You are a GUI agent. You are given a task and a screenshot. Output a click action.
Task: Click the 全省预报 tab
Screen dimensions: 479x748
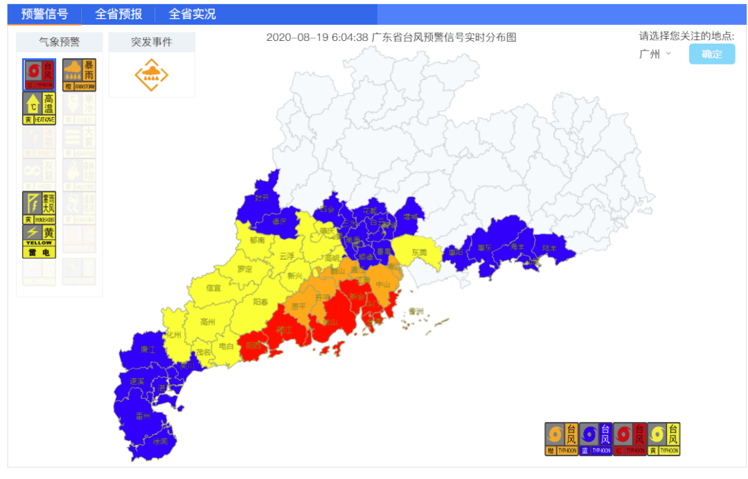[x=118, y=14]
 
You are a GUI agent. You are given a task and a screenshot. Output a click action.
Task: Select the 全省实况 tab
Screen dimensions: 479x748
[x=192, y=14]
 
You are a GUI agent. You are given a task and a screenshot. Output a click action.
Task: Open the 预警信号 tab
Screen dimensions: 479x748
[x=44, y=14]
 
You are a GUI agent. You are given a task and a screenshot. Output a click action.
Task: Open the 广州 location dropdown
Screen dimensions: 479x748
[x=654, y=54]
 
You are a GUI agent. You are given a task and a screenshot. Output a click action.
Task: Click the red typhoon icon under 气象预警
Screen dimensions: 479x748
[x=39, y=75]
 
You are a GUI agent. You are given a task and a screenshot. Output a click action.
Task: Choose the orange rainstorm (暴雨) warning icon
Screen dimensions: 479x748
[x=79, y=75]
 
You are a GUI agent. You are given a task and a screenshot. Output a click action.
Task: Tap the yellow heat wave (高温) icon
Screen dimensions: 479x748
[x=39, y=109]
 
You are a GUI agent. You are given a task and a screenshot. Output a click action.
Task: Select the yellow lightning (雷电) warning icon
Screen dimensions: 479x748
[x=39, y=241]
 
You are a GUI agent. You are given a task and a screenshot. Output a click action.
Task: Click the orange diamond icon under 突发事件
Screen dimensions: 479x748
[x=151, y=75]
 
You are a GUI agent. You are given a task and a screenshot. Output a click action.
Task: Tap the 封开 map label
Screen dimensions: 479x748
[x=261, y=197]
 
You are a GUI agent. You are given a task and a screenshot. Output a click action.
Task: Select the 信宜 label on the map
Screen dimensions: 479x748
[x=213, y=288]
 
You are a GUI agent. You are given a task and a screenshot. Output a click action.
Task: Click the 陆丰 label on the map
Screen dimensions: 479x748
[x=549, y=247]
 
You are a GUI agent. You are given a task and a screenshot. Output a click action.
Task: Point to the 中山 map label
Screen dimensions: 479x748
[x=384, y=285]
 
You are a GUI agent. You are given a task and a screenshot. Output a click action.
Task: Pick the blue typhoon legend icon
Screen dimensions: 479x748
[x=595, y=439]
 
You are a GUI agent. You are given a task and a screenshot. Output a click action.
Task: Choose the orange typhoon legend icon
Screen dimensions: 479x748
[x=561, y=439]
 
